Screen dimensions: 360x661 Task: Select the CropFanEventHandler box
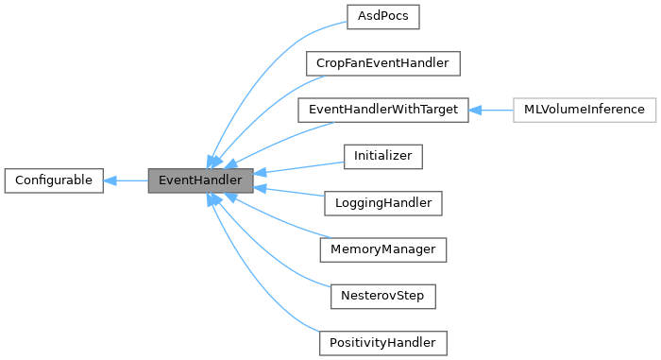pyautogui.click(x=382, y=63)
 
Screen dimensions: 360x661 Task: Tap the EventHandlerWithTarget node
pyautogui.click(x=382, y=110)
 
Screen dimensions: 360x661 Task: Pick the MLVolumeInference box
pyautogui.click(x=584, y=110)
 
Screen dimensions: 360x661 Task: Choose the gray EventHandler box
pyautogui.click(x=200, y=179)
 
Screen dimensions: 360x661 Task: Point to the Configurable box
pyautogui.click(x=54, y=179)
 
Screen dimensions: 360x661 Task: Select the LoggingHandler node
pyautogui.click(x=382, y=202)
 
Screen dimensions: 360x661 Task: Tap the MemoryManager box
pyautogui.click(x=382, y=249)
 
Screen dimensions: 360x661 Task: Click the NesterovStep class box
pyautogui.click(x=382, y=295)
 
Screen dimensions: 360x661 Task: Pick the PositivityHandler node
pyautogui.click(x=382, y=341)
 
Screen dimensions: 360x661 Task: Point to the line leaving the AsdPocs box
pyautogui.click(x=283, y=57)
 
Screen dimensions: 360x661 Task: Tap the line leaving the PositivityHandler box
pyautogui.click(x=283, y=302)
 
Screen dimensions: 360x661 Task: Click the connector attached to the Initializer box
pyautogui.click(x=302, y=167)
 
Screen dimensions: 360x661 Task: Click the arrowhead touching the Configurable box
pyautogui.click(x=110, y=179)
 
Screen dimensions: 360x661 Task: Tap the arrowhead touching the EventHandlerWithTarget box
pyautogui.click(x=475, y=110)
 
